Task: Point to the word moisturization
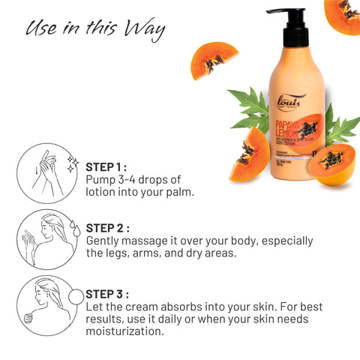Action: point(124,331)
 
